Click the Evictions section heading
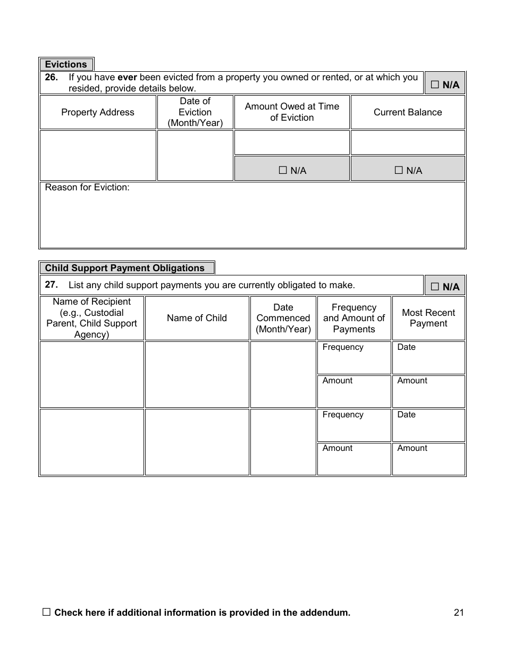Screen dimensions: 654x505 click(66, 64)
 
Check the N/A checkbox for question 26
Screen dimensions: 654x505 click(435, 85)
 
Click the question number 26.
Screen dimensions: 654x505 click(51, 77)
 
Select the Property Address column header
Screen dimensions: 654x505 click(98, 112)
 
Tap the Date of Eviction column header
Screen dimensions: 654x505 click(195, 112)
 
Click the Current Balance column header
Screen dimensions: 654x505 click(408, 112)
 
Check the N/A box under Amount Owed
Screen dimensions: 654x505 click(283, 170)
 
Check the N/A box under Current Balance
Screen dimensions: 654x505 click(399, 170)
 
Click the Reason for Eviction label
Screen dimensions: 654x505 click(87, 187)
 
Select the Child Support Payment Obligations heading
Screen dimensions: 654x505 click(125, 268)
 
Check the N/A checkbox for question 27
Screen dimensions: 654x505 click(435, 287)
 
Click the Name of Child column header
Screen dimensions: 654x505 click(197, 318)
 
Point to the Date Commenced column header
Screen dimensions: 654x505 click(283, 318)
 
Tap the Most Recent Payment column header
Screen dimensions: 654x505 click(428, 318)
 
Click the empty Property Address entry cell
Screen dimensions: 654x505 click(98, 155)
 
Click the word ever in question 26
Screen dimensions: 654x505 click(127, 77)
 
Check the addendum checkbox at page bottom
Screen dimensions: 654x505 click(46, 612)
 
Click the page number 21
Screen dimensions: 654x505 click(459, 613)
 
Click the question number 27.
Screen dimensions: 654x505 click(51, 284)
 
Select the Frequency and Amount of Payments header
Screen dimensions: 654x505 click(354, 318)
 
